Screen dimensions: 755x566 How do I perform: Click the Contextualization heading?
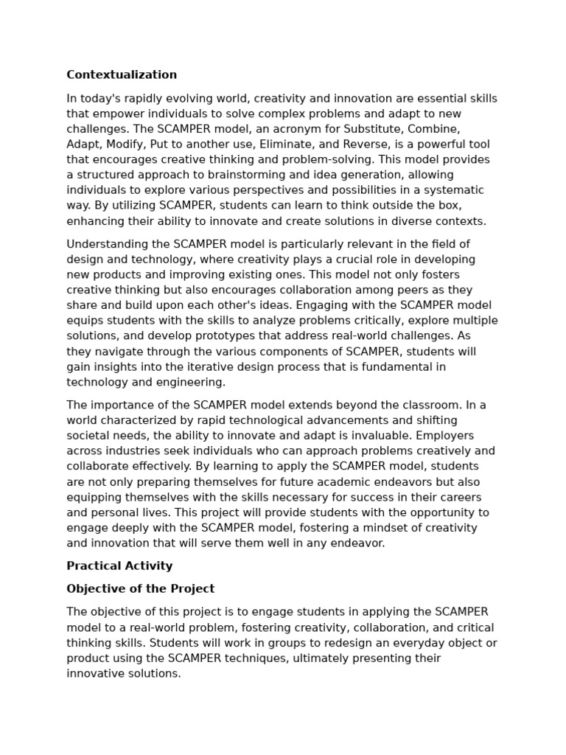pyautogui.click(x=122, y=74)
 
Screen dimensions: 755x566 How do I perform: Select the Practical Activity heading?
pyautogui.click(x=119, y=566)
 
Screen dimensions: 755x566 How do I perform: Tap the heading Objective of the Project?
pyautogui.click(x=140, y=588)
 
